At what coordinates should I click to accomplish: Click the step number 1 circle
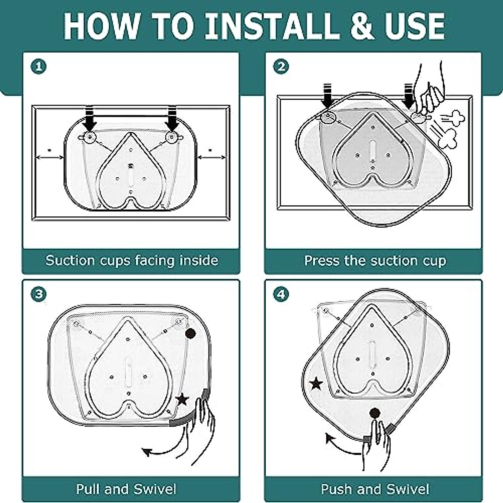(39, 67)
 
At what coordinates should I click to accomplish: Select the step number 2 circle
(281, 67)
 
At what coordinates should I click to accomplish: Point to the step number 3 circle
(39, 294)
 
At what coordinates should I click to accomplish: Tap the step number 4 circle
(281, 294)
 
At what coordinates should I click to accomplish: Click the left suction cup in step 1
(89, 137)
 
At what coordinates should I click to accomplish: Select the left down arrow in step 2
(327, 96)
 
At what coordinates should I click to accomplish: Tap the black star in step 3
(182, 399)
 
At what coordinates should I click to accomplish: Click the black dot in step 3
(190, 334)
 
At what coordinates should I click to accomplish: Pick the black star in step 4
(316, 384)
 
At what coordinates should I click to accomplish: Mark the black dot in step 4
(375, 413)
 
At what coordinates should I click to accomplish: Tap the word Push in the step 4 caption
(336, 489)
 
